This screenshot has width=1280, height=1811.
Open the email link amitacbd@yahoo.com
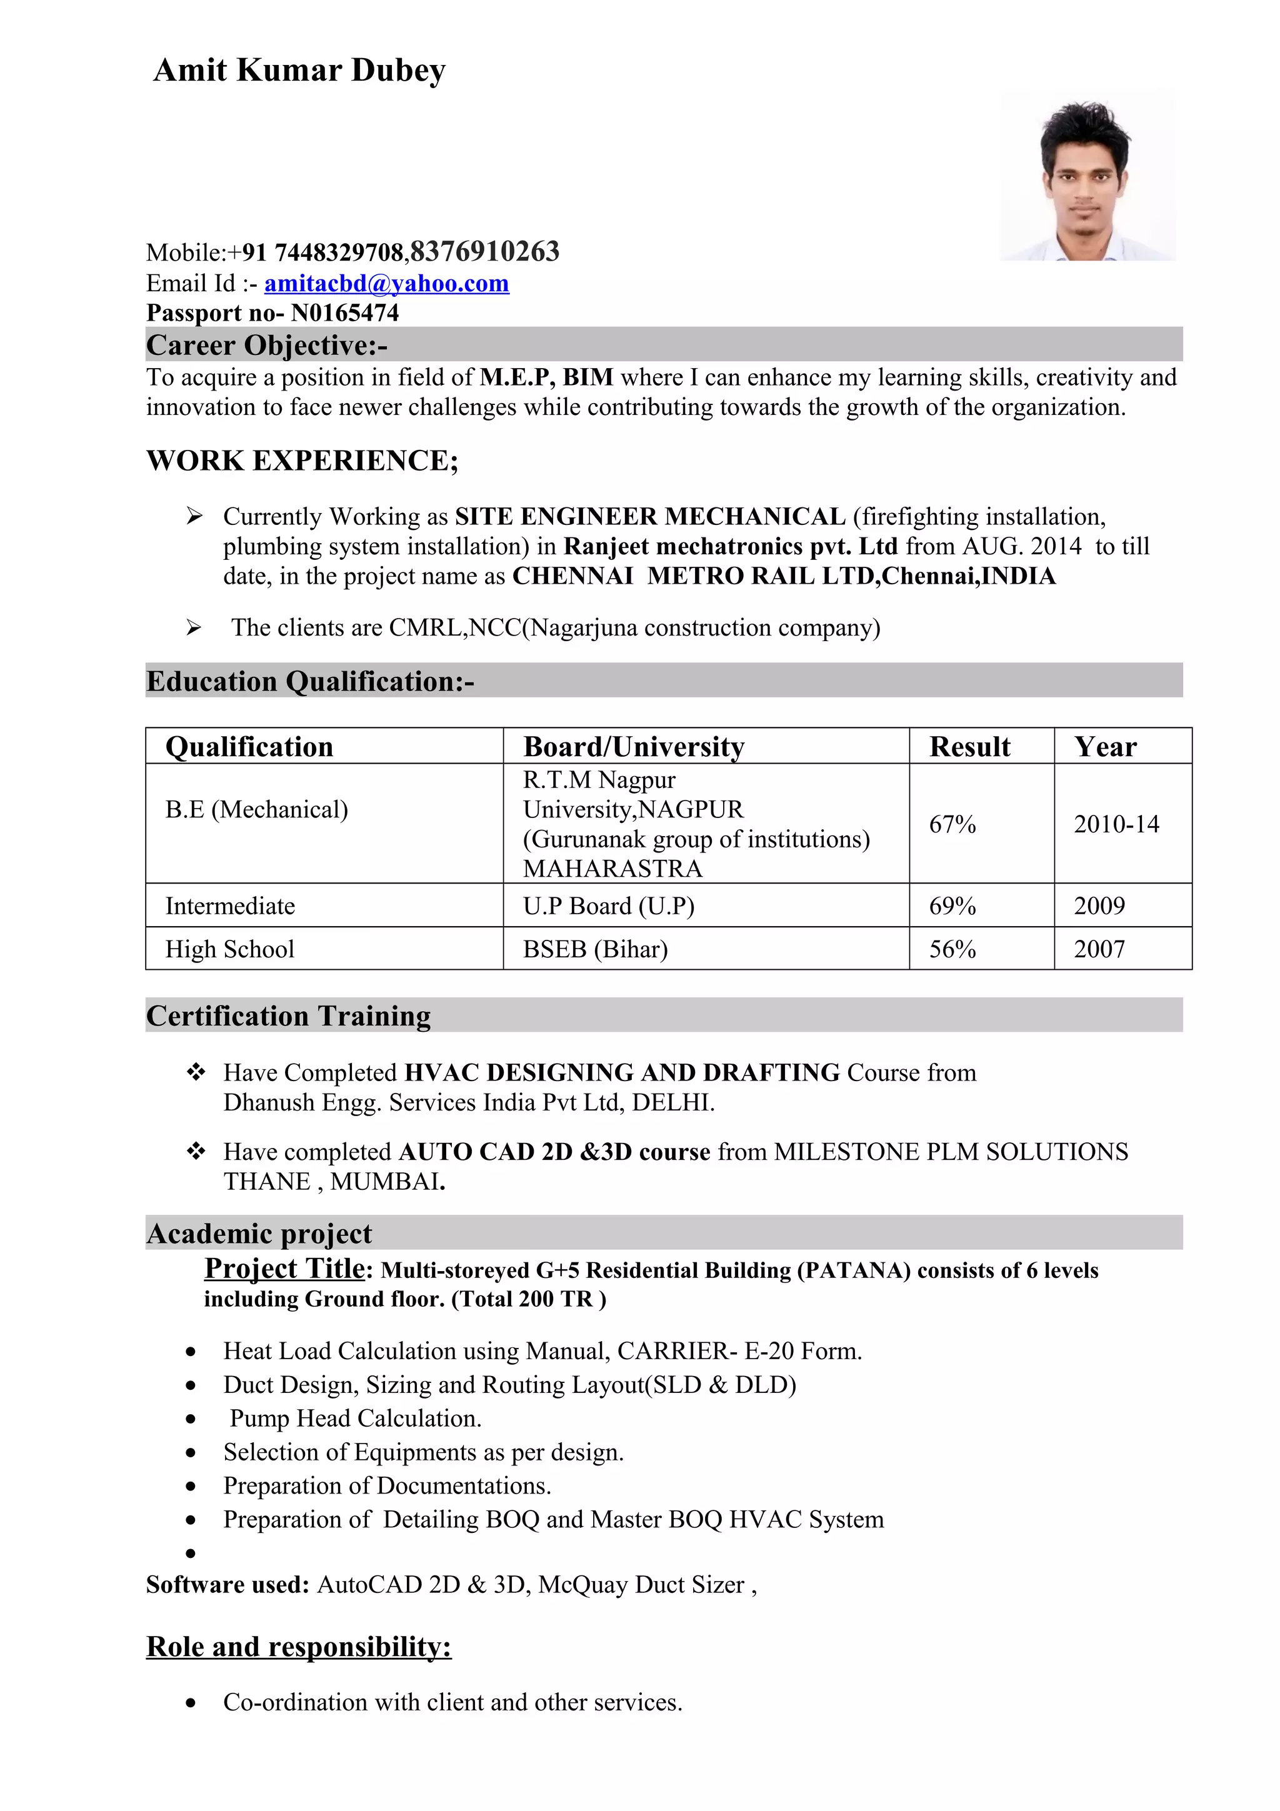tap(386, 283)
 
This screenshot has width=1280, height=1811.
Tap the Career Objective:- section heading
tap(267, 346)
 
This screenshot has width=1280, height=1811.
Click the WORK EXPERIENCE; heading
tap(302, 461)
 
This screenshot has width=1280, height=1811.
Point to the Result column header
tap(969, 746)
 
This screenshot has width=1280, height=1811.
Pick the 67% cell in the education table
tap(952, 824)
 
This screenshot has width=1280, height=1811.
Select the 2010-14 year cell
tap(1116, 824)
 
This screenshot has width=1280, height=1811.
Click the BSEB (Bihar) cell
tap(596, 949)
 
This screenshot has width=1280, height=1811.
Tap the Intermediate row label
tap(230, 905)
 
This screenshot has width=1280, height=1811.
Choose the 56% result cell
tap(952, 949)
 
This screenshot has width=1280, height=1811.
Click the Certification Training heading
tap(289, 1016)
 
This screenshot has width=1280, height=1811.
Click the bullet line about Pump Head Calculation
tap(355, 1418)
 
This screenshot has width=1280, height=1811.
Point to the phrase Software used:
tap(227, 1585)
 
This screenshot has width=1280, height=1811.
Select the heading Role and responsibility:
tap(299, 1647)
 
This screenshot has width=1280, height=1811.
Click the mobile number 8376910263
tap(485, 252)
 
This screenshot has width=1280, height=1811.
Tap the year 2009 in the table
tap(1099, 905)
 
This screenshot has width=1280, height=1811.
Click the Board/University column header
tap(633, 746)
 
